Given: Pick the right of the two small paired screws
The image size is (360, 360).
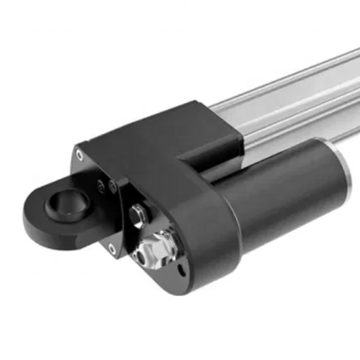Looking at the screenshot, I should tap(113, 187).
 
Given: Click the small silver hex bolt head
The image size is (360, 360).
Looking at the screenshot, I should tap(137, 214).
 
